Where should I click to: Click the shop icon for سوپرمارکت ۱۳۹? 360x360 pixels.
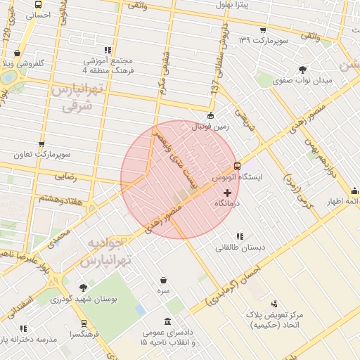[x=262, y=30]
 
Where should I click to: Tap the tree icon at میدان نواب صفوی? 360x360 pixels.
[x=302, y=69]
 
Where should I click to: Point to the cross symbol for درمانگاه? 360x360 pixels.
[x=226, y=192]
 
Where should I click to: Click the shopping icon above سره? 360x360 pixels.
[x=163, y=280]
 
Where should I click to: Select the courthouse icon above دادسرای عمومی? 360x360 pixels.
[x=167, y=322]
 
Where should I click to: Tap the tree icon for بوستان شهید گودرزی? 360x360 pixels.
[x=84, y=288]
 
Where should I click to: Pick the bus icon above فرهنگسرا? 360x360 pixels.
[x=84, y=324]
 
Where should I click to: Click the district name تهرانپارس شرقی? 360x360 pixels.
[x=77, y=99]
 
